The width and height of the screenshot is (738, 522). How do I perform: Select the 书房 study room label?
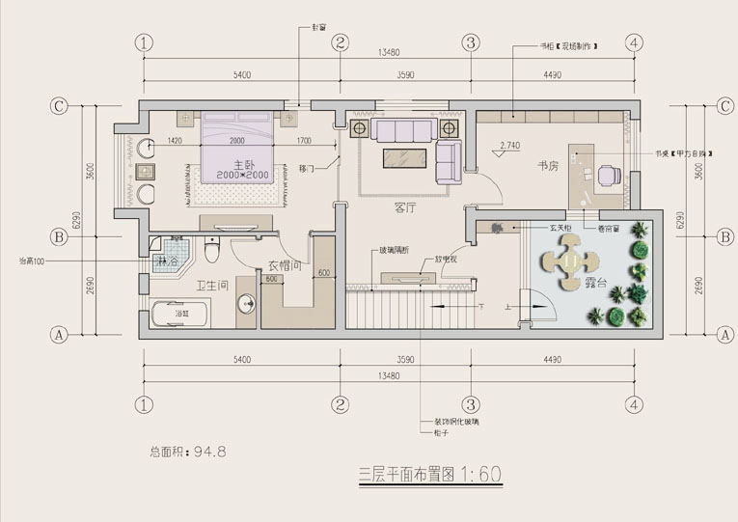click(x=550, y=165)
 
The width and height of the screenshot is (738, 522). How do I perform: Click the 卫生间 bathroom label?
click(x=211, y=286)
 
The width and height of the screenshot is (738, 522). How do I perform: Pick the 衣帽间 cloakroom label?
click(x=286, y=265)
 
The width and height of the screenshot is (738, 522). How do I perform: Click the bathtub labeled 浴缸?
click(x=180, y=315)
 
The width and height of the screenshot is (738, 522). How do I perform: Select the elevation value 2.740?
click(x=509, y=146)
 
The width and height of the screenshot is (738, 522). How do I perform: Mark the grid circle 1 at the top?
click(x=145, y=42)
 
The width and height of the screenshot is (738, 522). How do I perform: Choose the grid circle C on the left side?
click(x=59, y=106)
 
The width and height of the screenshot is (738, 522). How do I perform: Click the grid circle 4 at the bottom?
click(x=634, y=405)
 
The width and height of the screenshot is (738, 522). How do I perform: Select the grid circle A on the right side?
click(x=725, y=335)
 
